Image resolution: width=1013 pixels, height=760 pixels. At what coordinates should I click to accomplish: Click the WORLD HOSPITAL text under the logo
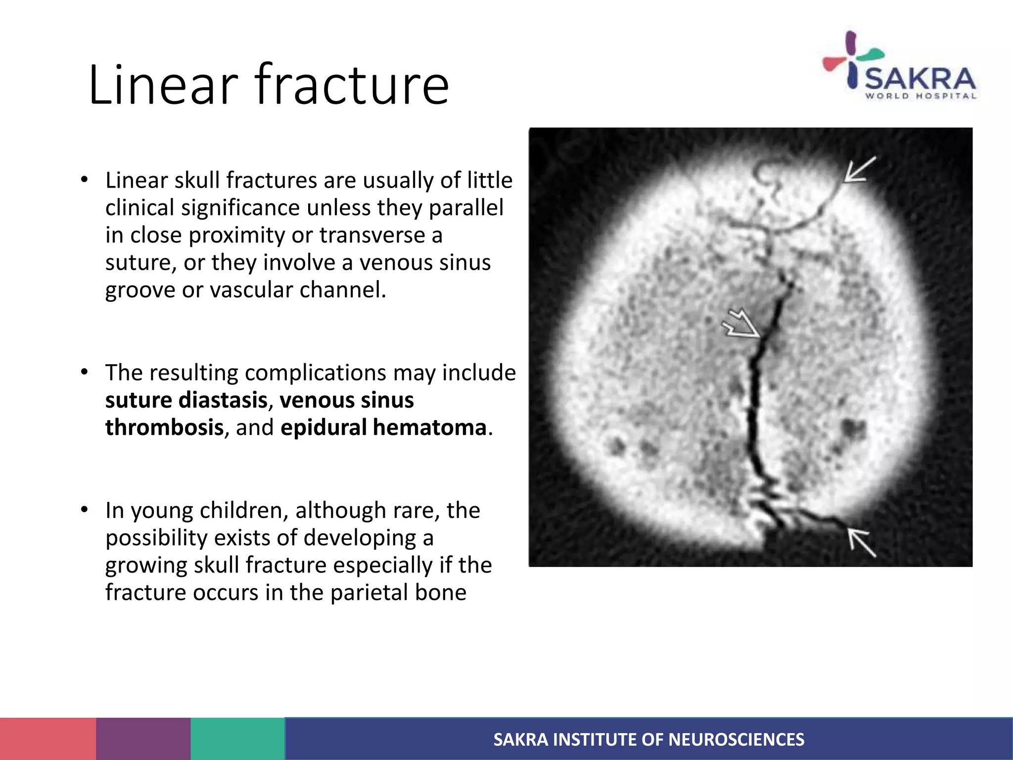(x=921, y=96)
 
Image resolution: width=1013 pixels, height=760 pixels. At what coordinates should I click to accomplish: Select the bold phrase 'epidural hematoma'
(x=383, y=427)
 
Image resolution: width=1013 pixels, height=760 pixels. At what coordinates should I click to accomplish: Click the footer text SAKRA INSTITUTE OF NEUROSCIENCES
(x=648, y=740)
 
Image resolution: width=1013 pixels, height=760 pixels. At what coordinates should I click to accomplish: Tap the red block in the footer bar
(x=48, y=739)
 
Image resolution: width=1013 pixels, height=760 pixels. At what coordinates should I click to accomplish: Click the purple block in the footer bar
(x=143, y=739)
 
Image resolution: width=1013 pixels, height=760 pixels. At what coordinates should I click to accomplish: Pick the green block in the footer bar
(x=238, y=739)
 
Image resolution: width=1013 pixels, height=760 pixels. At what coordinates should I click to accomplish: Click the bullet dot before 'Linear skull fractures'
(x=85, y=180)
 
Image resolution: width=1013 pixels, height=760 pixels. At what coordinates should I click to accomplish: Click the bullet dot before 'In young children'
(x=85, y=510)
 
